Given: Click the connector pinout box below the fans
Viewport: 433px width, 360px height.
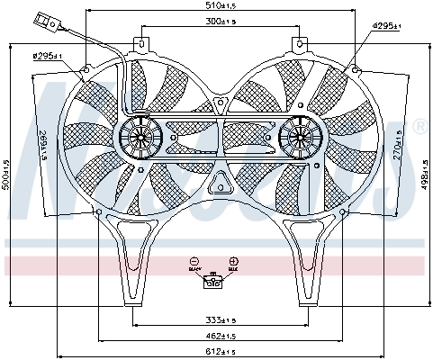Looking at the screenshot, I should [213, 282].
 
